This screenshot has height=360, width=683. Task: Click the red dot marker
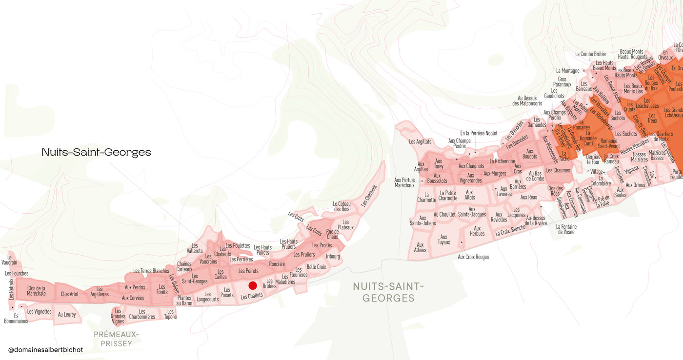point(253,285)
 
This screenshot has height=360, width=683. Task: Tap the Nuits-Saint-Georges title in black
point(96,152)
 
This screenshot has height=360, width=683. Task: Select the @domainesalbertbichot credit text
point(46,350)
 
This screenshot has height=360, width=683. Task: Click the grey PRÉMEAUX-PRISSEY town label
point(116,339)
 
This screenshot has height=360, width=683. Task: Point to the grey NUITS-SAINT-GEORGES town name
point(388,292)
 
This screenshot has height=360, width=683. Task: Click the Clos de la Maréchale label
point(37,291)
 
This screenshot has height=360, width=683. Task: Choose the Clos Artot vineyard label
point(70,294)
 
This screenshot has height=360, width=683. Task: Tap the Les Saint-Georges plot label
point(195,279)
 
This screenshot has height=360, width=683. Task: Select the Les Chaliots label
point(252,296)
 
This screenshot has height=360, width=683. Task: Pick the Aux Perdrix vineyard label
point(135,287)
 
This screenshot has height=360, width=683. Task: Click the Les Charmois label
point(369,195)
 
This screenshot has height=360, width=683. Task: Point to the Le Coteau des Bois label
point(341,206)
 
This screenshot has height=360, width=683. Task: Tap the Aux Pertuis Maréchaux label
point(404,182)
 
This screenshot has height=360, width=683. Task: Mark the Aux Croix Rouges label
point(473,257)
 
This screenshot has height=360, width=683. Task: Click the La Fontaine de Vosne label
point(566,229)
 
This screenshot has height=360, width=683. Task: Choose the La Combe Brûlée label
point(590,54)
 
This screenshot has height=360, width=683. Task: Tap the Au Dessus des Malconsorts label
point(527,101)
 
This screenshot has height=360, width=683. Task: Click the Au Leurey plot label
point(67,315)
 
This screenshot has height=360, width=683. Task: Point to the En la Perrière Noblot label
point(479,133)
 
